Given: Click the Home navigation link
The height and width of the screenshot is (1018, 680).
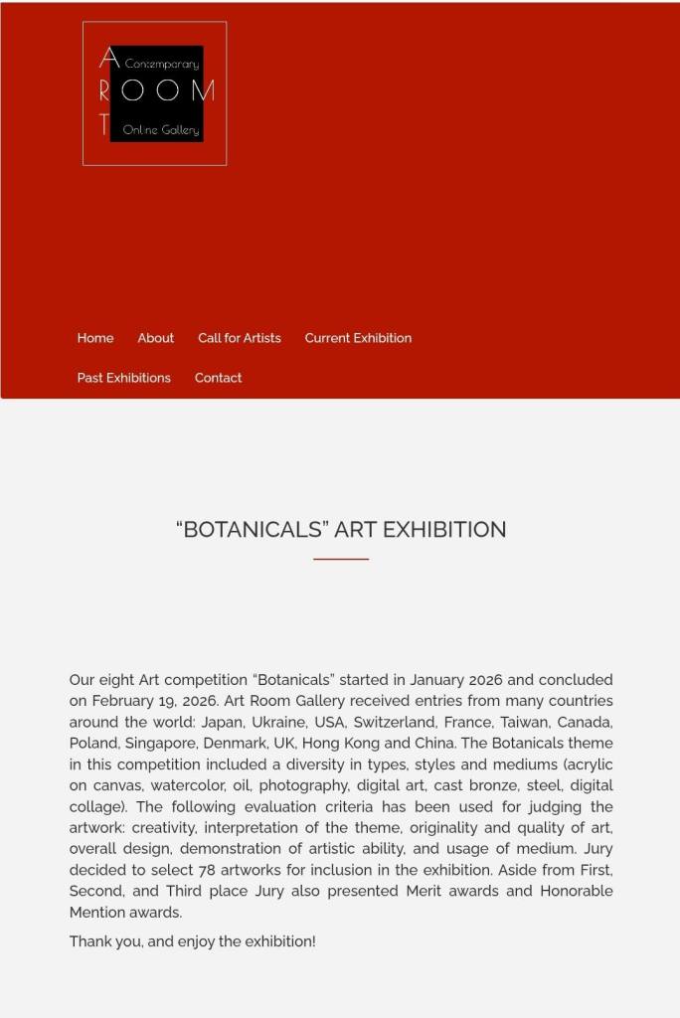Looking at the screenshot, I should [x=95, y=338].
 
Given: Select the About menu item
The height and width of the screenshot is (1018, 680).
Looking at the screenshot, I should [x=156, y=338].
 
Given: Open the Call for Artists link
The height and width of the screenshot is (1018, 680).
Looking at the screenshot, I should [x=240, y=338].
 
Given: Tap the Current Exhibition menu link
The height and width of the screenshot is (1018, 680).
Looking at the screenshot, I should [x=358, y=338].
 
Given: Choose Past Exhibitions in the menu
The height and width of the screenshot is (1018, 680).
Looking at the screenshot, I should [x=124, y=378].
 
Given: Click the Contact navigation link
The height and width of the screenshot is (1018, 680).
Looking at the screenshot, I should [x=219, y=378].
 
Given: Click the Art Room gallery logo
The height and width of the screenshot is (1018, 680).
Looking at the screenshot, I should [x=155, y=93].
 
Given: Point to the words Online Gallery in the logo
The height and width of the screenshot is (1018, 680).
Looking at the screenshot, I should [x=161, y=130].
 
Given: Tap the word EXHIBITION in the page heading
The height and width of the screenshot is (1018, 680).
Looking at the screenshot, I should [x=444, y=530].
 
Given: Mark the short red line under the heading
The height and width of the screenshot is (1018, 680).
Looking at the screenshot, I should [x=341, y=559].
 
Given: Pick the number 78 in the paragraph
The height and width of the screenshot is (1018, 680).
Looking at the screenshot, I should [x=207, y=870].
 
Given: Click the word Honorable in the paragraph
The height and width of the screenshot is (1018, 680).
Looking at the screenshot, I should [x=577, y=891].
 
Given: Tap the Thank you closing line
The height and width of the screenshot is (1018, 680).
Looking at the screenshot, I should [x=192, y=941].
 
